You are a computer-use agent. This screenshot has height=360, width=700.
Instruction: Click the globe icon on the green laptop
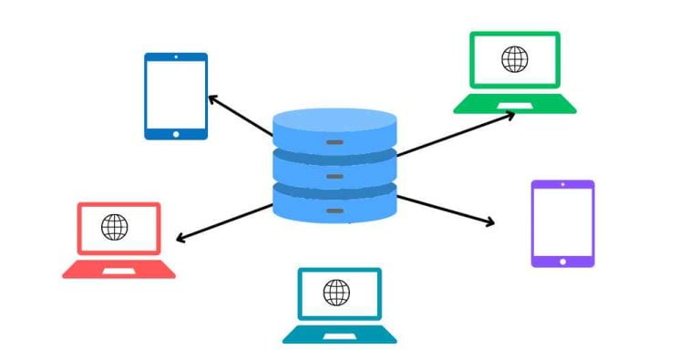[x=514, y=59]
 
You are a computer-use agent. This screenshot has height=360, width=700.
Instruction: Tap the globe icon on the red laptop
[x=115, y=227]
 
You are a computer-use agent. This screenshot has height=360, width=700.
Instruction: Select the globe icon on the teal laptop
[x=336, y=293]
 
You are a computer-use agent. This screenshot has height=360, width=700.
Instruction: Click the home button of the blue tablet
[x=176, y=133]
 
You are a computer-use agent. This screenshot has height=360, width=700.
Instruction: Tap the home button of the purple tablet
[x=562, y=261]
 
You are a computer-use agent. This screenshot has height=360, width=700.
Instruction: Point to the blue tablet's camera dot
[x=176, y=58]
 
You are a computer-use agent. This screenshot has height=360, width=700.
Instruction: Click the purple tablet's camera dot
[x=562, y=185]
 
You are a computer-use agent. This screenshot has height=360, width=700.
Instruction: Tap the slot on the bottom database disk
[x=335, y=210]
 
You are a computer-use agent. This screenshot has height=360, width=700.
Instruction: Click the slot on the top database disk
[x=335, y=143]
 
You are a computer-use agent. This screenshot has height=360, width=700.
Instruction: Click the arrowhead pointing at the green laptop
[x=510, y=114]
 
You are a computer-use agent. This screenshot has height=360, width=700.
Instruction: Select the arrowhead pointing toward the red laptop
[x=180, y=240]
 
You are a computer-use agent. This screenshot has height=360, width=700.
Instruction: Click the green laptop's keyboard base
[x=515, y=104]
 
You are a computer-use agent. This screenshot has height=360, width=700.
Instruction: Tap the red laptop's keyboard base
[x=118, y=269]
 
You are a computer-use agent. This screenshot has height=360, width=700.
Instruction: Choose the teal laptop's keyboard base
[x=339, y=334]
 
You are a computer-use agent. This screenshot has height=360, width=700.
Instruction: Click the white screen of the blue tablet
[x=176, y=95]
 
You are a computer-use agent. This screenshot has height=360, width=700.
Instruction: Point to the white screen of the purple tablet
[x=562, y=222]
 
